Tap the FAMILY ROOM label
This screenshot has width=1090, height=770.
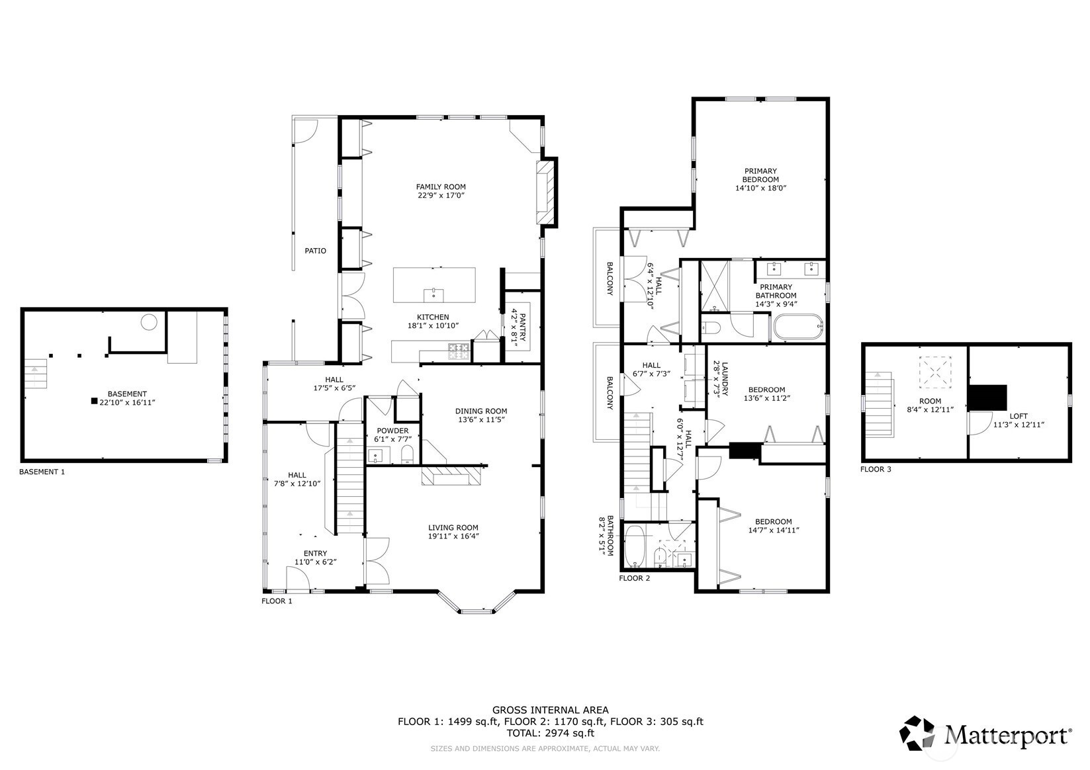click(441, 187)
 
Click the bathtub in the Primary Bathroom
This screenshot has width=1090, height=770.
click(799, 327)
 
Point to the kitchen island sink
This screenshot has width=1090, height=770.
click(433, 294)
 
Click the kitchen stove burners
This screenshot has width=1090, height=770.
click(459, 351)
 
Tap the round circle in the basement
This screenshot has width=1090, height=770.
click(148, 321)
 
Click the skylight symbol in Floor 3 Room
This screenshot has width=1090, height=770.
click(934, 373)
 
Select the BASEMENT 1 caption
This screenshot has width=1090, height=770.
click(42, 472)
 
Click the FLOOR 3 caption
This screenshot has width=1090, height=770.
click(876, 470)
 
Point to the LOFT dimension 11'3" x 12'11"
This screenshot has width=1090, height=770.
click(1019, 425)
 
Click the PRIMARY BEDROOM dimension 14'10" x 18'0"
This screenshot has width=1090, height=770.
click(761, 188)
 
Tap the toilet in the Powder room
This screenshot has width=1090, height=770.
click(407, 454)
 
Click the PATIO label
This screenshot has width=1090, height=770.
click(315, 251)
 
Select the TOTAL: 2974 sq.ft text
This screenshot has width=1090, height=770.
click(551, 734)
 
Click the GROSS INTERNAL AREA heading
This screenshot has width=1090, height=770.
click(551, 710)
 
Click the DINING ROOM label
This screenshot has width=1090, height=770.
click(481, 411)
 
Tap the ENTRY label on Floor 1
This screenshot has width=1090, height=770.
click(315, 553)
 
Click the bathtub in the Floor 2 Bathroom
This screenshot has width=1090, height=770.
click(635, 548)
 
